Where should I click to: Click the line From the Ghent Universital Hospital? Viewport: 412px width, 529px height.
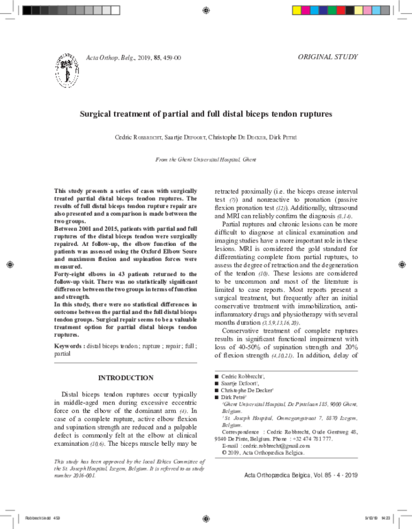tap(207, 159)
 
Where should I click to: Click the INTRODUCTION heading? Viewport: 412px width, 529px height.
tap(126, 378)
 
